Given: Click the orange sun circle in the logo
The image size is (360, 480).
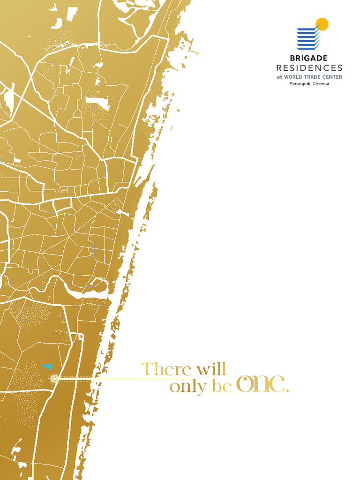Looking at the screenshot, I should pos(322,24).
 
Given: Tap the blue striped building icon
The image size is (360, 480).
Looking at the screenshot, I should pos(308,38).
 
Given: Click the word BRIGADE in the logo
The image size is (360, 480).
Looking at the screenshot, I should pos(309,59).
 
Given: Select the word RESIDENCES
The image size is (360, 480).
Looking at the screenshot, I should pos(309,68).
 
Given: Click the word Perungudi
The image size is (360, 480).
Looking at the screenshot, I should pos(300,83).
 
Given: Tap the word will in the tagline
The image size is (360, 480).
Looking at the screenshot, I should pos(211,369).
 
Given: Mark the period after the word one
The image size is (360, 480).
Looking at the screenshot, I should pos(287,390).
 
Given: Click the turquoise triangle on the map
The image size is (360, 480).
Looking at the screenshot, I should pos(47,366).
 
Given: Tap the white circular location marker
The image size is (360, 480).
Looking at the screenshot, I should pos(54,378).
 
